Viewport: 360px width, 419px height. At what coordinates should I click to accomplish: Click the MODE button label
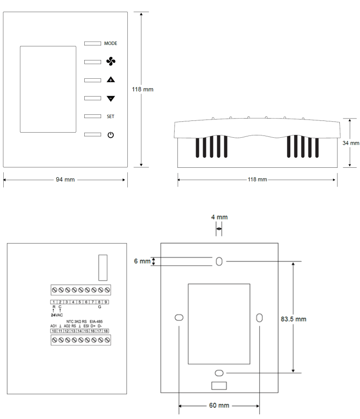pyautogui.click(x=110, y=43)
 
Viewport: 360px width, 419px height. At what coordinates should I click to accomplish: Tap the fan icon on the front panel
pyautogui.click(x=110, y=61)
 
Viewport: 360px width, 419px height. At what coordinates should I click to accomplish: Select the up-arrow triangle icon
pyautogui.click(x=110, y=80)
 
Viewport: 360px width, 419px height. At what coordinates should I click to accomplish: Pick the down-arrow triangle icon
pyautogui.click(x=110, y=98)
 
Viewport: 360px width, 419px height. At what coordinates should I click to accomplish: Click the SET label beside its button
pyautogui.click(x=110, y=116)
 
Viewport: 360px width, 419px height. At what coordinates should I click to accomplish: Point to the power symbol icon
pyautogui.click(x=110, y=135)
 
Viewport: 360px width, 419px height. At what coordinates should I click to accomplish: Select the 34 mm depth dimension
pyautogui.click(x=351, y=143)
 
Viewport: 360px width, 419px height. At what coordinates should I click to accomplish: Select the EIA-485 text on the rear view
pyautogui.click(x=96, y=321)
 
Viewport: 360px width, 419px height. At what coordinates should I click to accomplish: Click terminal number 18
pyautogui.click(x=106, y=331)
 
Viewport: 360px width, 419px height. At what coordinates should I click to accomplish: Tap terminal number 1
pyautogui.click(x=54, y=302)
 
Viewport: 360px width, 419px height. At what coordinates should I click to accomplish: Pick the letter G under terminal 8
pyautogui.click(x=100, y=307)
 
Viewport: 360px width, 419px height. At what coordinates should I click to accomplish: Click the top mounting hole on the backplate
pyautogui.click(x=219, y=262)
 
